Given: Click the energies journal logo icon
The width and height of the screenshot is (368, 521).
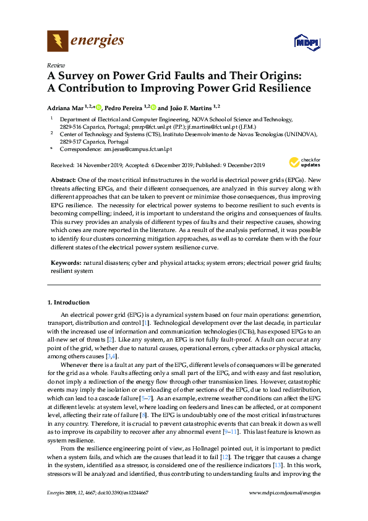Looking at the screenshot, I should [x=58, y=41].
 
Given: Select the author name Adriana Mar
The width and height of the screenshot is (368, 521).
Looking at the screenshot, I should [x=66, y=106].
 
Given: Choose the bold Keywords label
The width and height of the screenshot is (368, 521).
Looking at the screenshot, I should [x=66, y=263].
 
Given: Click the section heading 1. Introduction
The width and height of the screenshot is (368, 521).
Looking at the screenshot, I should [x=69, y=302].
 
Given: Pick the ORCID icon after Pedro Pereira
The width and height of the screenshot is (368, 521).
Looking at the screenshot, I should [x=152, y=106].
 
